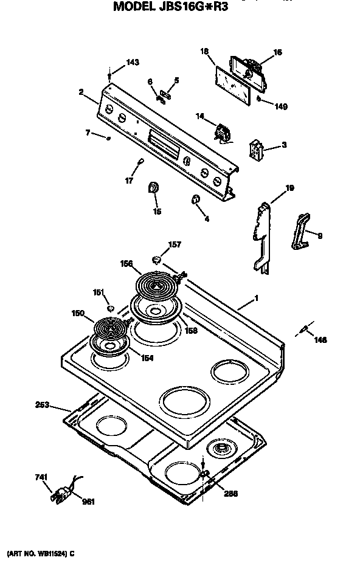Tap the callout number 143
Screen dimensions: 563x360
(x=132, y=63)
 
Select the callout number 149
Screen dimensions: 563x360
(x=280, y=106)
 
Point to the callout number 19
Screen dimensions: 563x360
(x=289, y=188)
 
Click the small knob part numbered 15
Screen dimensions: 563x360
(x=154, y=189)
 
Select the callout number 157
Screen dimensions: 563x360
(x=175, y=244)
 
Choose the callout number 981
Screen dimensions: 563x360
(x=89, y=502)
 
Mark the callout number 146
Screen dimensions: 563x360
(x=320, y=340)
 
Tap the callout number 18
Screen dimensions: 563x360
(x=205, y=52)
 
